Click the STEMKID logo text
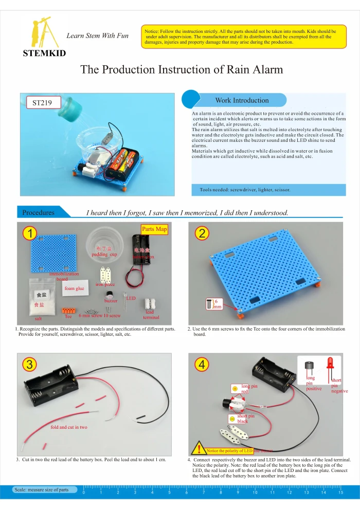[x=44, y=53]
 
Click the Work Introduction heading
[x=242, y=100]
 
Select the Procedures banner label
[x=39, y=212]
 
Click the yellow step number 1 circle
[x=30, y=233]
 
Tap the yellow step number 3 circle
[x=30, y=364]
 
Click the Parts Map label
[x=154, y=229]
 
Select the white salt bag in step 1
[x=39, y=298]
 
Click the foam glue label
[x=74, y=288]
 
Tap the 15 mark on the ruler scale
[x=340, y=493]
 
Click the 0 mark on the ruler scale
[x=84, y=493]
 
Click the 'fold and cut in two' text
[x=69, y=427]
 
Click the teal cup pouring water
[x=70, y=108]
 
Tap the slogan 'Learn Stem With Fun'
[x=97, y=35]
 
